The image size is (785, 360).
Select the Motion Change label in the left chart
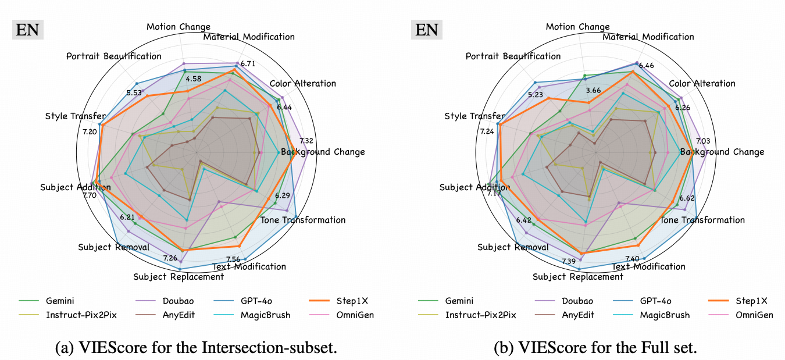click(179, 27)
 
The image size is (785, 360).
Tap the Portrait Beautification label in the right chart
click(513, 56)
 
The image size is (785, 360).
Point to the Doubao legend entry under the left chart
click(158, 301)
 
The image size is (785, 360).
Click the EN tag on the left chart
click(27, 29)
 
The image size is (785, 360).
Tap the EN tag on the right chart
click(427, 29)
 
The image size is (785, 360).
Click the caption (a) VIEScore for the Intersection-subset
click(195, 348)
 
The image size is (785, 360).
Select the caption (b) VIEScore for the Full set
click(595, 348)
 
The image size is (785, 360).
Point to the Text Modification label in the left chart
click(249, 267)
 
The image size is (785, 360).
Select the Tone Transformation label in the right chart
click(702, 220)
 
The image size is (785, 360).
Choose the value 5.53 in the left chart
click(134, 93)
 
